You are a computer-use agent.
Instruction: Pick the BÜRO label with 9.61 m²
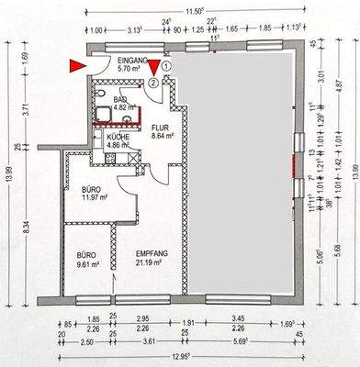click(85, 254)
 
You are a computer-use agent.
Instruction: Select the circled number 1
click(166, 65)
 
